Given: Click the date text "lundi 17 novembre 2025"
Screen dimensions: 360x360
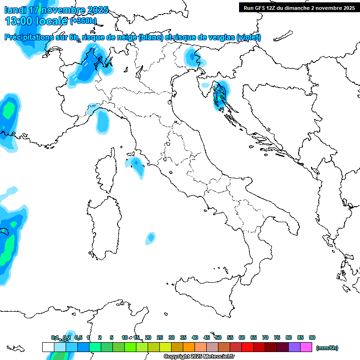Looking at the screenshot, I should (56, 10).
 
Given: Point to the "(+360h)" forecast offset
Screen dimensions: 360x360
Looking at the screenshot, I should (83, 21).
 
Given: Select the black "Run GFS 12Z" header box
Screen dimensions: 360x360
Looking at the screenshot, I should (298, 7).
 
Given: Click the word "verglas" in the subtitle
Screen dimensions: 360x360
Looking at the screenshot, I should (220, 37).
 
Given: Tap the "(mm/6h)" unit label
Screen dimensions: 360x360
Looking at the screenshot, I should (327, 348).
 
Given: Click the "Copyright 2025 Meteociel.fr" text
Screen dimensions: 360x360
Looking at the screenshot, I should (199, 356).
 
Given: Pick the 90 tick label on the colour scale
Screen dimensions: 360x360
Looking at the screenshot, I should (312, 337).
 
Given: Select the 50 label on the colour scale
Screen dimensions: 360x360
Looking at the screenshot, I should (218, 337).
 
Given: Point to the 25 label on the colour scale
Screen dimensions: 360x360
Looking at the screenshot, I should (160, 337).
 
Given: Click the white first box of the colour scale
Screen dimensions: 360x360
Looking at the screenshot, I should (48, 347).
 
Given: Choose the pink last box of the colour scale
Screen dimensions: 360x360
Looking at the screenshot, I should (306, 347).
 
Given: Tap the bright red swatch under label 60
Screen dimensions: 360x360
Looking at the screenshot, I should (247, 347).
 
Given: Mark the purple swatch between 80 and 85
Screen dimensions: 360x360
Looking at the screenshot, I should (294, 347).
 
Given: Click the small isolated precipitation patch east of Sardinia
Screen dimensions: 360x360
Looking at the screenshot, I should (150, 237).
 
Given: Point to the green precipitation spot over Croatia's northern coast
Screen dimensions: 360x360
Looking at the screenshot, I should (219, 95).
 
